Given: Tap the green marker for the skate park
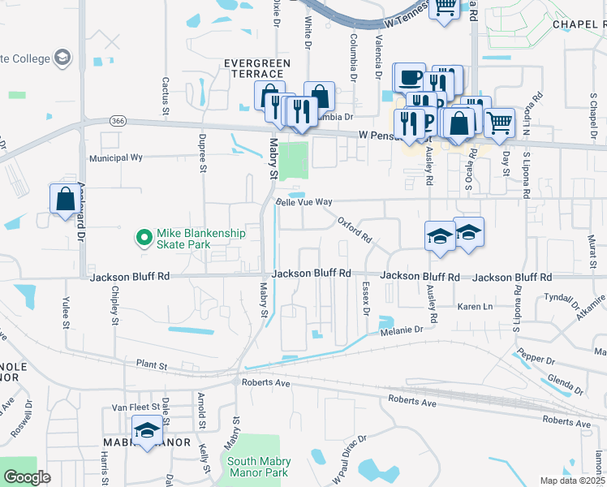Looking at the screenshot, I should coord(144,238).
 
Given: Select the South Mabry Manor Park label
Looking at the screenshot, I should coord(258,467).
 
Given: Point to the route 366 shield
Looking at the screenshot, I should coord(118,121).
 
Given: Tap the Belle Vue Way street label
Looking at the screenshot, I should coord(304,201).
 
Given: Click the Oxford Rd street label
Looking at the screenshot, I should coord(355,230).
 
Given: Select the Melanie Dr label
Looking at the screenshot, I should coord(402,330).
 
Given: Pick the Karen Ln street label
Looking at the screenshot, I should coord(476,307).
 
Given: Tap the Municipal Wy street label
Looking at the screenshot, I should coord(116,157).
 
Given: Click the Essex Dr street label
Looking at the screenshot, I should coord(366,299).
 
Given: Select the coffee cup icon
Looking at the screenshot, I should coord(408,78).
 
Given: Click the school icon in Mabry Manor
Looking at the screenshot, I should coord(147,430).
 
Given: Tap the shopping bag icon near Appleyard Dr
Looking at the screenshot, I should coord(64,198).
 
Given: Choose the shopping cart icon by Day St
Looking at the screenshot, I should coord(499,122).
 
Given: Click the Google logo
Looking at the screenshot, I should coord(27,477).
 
